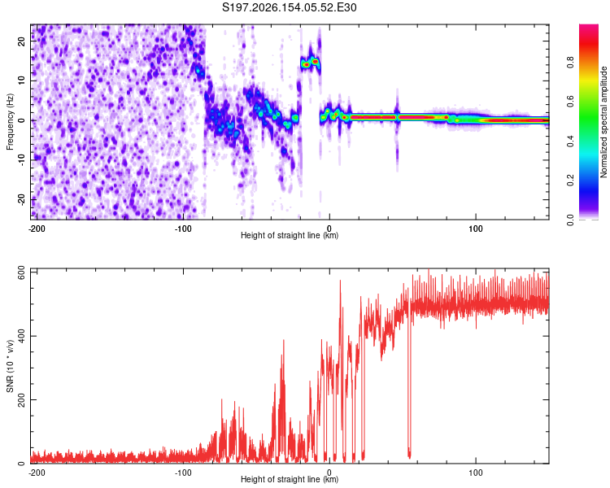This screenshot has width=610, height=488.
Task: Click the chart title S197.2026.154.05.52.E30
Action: coord(289,7)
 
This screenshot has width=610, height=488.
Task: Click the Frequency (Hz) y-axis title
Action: coord(10,122)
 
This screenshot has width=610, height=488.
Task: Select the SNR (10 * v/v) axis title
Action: coord(10,366)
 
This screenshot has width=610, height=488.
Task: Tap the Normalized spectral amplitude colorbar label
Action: coord(603,122)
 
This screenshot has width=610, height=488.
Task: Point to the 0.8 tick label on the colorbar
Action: coord(570,62)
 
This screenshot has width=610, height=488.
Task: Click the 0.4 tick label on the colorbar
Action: coord(570,142)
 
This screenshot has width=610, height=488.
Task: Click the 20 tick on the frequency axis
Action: coord(22,41)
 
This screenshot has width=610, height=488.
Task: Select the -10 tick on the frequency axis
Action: coord(22,160)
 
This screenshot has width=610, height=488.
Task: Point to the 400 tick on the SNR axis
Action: coord(22,336)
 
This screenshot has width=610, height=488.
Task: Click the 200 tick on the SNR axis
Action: coord(22,399)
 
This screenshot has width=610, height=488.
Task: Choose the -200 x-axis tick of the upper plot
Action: coord(37,229)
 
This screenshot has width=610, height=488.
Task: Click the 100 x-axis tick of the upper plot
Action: coord(476,229)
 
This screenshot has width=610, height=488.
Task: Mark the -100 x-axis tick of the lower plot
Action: coord(183,473)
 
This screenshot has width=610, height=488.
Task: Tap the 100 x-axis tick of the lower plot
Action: coord(476,473)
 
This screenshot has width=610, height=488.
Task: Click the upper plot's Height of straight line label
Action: coord(290,235)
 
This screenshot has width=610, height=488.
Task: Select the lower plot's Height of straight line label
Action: coord(290,479)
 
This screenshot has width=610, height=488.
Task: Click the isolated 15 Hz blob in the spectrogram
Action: coord(311,63)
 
